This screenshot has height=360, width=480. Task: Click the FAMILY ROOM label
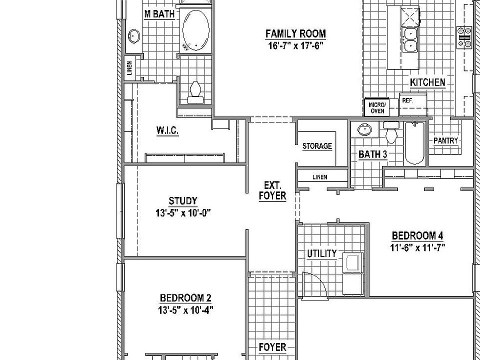(295, 34)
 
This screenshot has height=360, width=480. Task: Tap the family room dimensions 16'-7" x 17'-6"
(295, 45)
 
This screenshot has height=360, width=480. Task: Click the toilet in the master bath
(195, 92)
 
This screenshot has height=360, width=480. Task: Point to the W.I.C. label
(167, 130)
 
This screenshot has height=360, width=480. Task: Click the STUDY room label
(182, 201)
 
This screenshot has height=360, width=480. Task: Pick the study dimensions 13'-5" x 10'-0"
(182, 212)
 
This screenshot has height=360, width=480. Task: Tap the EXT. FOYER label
(272, 190)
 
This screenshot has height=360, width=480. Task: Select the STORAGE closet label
(317, 146)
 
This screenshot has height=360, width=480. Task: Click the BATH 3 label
(373, 154)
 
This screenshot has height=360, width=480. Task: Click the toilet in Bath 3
(391, 133)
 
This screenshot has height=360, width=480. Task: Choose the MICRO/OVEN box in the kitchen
(377, 107)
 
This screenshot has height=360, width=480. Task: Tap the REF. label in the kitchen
(407, 100)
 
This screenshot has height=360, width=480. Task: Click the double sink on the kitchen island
(410, 39)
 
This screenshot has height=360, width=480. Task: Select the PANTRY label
(445, 140)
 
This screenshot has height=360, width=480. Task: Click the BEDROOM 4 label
(417, 235)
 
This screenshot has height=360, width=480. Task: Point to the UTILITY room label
(321, 253)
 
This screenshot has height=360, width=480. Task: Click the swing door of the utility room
(316, 285)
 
